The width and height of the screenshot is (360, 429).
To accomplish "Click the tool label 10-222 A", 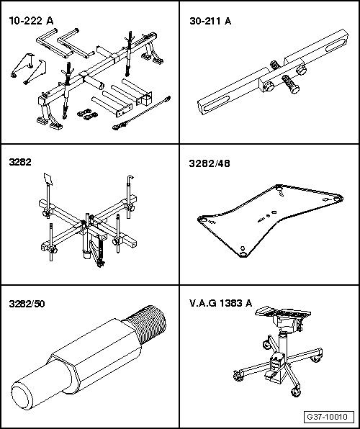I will pos(31,22).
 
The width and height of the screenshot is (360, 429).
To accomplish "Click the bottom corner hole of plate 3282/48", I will pos(243,252).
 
